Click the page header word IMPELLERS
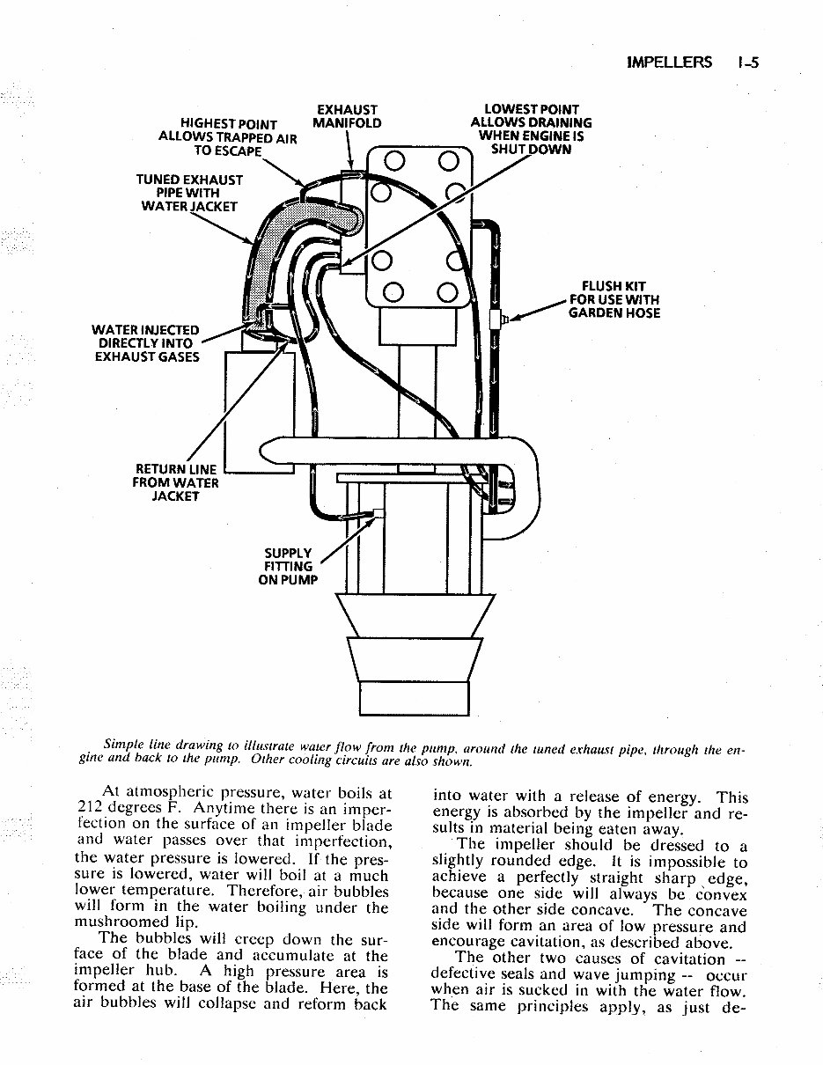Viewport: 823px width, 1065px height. click(x=668, y=62)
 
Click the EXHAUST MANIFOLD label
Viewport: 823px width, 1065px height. click(x=347, y=116)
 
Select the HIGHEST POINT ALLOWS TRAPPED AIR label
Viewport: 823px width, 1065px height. click(x=228, y=137)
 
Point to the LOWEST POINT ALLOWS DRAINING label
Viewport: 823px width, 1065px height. click(x=531, y=129)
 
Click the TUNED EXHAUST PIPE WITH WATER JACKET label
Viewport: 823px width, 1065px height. click(x=189, y=193)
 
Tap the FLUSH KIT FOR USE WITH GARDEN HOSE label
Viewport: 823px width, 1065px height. click(x=614, y=299)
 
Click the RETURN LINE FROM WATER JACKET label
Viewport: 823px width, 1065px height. click(x=176, y=482)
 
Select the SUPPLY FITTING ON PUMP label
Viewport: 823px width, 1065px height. click(x=288, y=566)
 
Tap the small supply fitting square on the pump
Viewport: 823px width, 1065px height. click(x=379, y=513)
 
